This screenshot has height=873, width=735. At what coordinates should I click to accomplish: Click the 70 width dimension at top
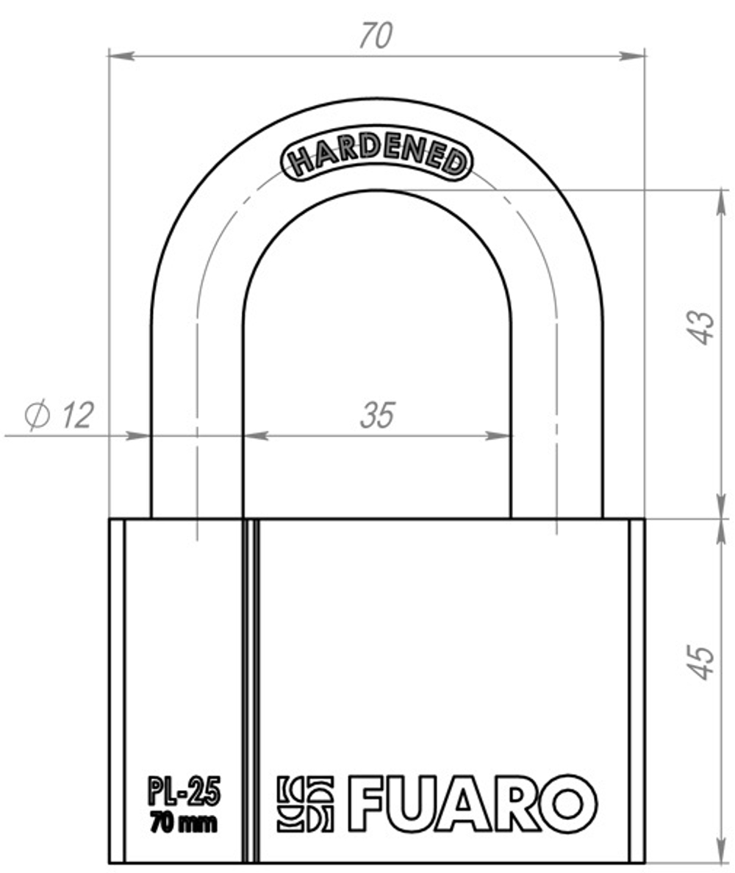click(376, 36)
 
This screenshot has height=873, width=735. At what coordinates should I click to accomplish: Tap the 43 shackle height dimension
click(702, 328)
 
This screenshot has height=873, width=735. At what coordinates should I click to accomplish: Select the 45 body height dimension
click(702, 662)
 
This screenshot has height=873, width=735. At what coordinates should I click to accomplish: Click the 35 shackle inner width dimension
click(377, 416)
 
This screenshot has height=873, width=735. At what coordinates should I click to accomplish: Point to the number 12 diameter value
click(76, 416)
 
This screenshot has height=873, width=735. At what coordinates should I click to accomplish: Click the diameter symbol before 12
click(37, 416)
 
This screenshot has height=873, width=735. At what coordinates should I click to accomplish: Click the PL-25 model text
click(184, 794)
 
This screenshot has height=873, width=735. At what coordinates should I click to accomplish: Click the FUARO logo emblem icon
click(305, 804)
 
